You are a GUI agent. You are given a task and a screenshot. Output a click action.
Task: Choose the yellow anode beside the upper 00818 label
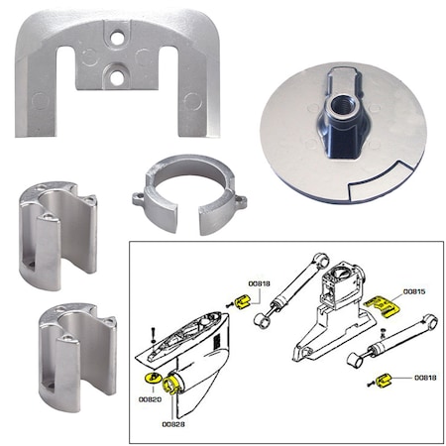click(x=239, y=300)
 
